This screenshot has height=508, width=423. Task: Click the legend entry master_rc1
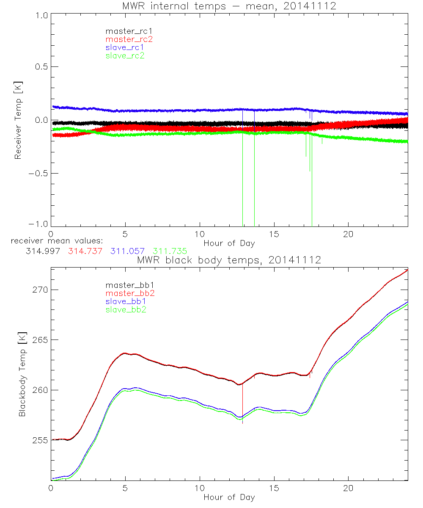[125, 31]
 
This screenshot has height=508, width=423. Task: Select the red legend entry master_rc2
[129, 39]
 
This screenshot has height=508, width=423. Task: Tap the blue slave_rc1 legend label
[125, 47]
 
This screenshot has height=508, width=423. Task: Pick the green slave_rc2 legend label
[125, 55]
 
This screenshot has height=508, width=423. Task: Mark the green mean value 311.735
[170, 251]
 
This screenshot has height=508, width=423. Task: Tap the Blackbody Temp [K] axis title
[22, 374]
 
